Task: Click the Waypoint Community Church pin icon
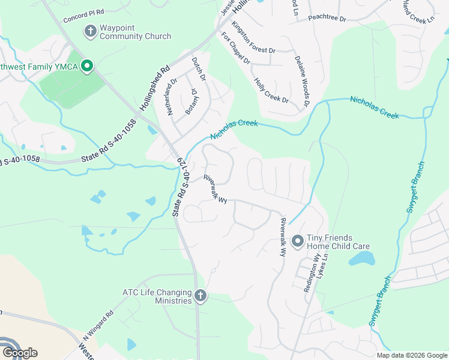click(91, 31)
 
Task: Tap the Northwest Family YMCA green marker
click(86, 66)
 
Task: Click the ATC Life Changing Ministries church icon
click(200, 296)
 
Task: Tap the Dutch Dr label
click(199, 69)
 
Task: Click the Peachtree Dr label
click(327, 19)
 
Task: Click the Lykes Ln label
click(324, 265)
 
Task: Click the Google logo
click(20, 353)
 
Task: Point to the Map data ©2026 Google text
click(411, 355)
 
